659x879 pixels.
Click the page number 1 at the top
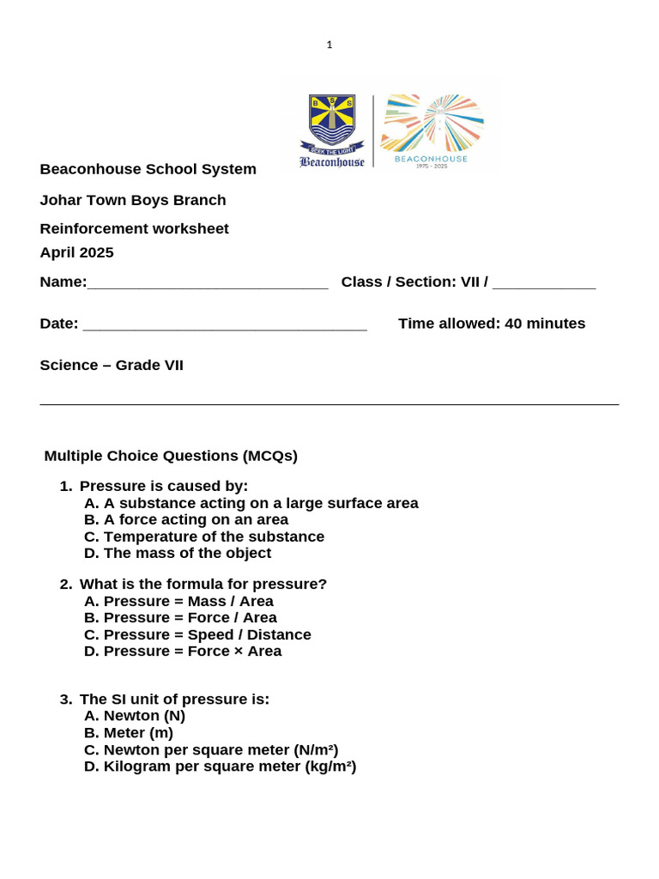[x=329, y=45]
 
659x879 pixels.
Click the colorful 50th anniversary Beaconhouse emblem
[x=432, y=129]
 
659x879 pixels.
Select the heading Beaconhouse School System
[x=148, y=169]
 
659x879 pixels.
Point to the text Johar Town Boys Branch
[x=133, y=200]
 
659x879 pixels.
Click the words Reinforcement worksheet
[x=134, y=228]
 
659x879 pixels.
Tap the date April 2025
[x=76, y=252]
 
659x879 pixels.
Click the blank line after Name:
[x=208, y=283]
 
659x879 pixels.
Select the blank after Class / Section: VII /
[x=544, y=283]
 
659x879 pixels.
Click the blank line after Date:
[x=225, y=324]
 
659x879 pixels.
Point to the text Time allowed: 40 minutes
[x=492, y=324]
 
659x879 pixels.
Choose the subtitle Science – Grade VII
[x=112, y=365]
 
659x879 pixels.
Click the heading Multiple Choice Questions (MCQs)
[x=171, y=456]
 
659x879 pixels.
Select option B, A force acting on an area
[x=186, y=519]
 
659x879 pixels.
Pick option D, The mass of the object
[x=178, y=553]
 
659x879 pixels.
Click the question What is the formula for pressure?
[x=203, y=584]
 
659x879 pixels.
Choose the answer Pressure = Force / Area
[x=180, y=617]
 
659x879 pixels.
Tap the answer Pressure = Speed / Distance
[x=197, y=634]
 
